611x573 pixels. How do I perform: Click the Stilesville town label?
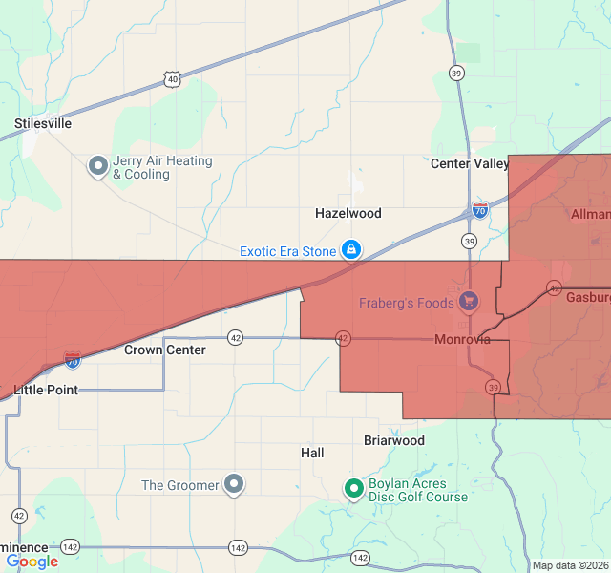43,123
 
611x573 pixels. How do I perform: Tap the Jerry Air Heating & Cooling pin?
98,167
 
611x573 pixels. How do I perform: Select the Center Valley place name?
470,163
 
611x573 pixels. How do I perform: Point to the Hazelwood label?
348,213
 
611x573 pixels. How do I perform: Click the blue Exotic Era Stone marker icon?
351,250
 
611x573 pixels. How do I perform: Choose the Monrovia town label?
462,339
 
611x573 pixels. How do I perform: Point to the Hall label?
312,452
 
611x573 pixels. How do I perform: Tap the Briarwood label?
394,440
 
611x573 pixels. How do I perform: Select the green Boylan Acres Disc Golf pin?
354,489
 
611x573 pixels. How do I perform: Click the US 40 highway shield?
171,80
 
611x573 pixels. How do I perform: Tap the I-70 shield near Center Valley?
480,209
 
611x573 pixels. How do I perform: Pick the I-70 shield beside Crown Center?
73,360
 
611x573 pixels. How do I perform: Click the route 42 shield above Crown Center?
236,337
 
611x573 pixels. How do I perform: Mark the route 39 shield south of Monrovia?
493,387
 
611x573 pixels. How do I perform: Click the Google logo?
32,562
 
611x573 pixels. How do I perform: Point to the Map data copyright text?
570,565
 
